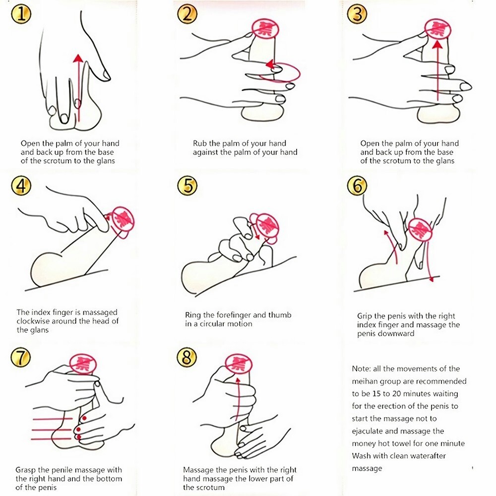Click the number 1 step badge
tap(21, 14)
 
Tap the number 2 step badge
tap(187, 14)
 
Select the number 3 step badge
tap(357, 14)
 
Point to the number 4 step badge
tap(21, 186)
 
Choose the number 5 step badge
tap(187, 186)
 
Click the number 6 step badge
tap(357, 186)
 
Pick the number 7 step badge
tap(21, 358)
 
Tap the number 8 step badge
tap(186, 358)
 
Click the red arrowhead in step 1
tap(78, 58)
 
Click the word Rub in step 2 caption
tap(200, 143)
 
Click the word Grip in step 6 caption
tap(365, 316)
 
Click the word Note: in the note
tap(361, 369)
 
